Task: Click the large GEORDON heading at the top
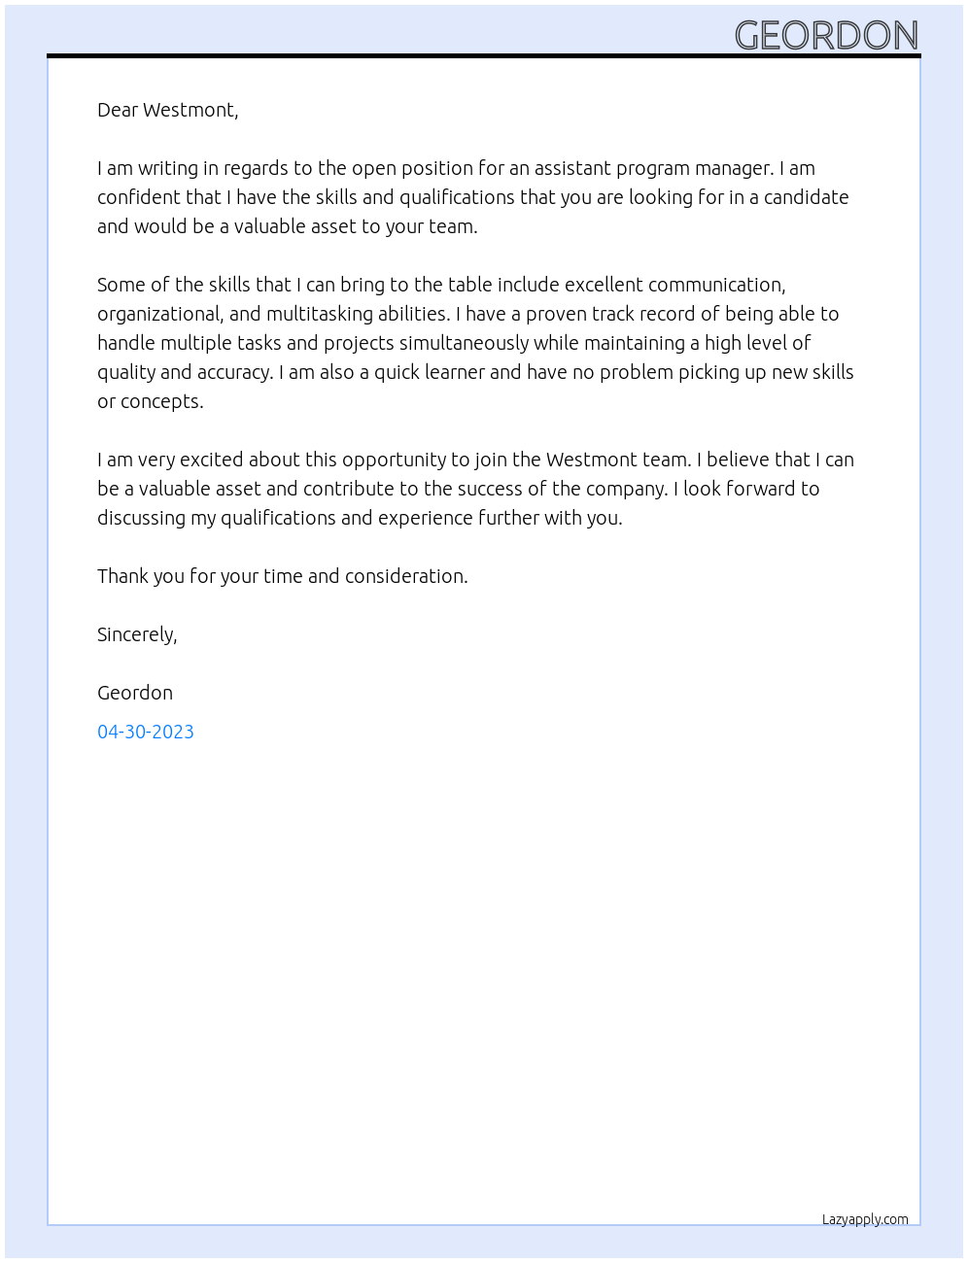[x=826, y=35]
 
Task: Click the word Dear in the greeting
[x=118, y=110]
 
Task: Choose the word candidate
[x=806, y=197]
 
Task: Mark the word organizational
[x=160, y=314]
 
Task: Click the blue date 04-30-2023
[x=146, y=732]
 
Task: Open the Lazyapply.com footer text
[x=865, y=1219]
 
